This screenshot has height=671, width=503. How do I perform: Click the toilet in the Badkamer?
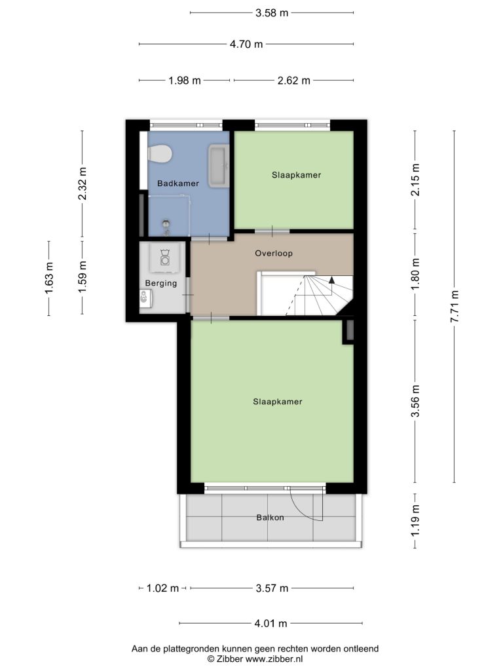pyautogui.click(x=159, y=154)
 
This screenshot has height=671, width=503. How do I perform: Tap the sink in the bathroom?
pyautogui.click(x=219, y=166)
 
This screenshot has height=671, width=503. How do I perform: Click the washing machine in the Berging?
pyautogui.click(x=164, y=258)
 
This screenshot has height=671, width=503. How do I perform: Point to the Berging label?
pyautogui.click(x=161, y=283)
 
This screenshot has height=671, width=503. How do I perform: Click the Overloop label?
pyautogui.click(x=274, y=254)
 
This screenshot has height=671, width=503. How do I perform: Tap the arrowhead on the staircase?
pyautogui.click(x=331, y=280)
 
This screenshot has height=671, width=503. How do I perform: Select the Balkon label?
pyautogui.click(x=270, y=518)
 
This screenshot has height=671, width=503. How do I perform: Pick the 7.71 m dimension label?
pyautogui.click(x=455, y=307)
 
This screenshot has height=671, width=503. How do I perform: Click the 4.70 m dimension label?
pyautogui.click(x=246, y=44)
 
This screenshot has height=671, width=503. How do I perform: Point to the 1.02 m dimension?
pyautogui.click(x=162, y=588)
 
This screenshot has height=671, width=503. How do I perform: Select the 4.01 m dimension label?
pyautogui.click(x=270, y=624)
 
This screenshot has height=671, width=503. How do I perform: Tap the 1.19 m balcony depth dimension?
pyautogui.click(x=415, y=520)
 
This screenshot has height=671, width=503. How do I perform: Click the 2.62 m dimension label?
pyautogui.click(x=294, y=81)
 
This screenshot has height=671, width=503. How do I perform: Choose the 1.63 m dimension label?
pyautogui.click(x=48, y=278)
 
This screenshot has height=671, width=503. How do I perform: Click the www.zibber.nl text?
pyautogui.click(x=274, y=659)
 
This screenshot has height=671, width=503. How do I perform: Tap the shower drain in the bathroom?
pyautogui.click(x=166, y=223)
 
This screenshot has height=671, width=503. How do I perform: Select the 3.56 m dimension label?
pyautogui.click(x=415, y=401)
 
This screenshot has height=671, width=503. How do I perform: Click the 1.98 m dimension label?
pyautogui.click(x=184, y=81)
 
